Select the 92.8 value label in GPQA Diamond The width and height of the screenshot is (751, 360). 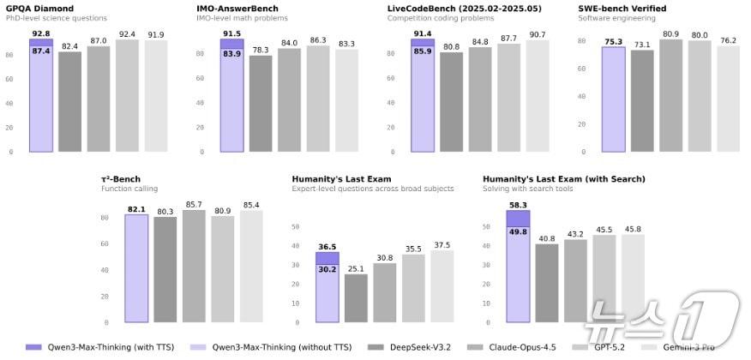pos(41,33)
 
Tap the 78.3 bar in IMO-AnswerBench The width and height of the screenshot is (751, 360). pos(261,104)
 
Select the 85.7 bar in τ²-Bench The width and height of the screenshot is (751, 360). pos(195,267)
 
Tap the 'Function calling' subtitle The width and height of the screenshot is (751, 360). pos(129,189)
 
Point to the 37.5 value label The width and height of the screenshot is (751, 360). pos(442,244)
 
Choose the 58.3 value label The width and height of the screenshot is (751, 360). pos(518,205)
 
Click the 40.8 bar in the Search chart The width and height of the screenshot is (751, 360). pos(547,283)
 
